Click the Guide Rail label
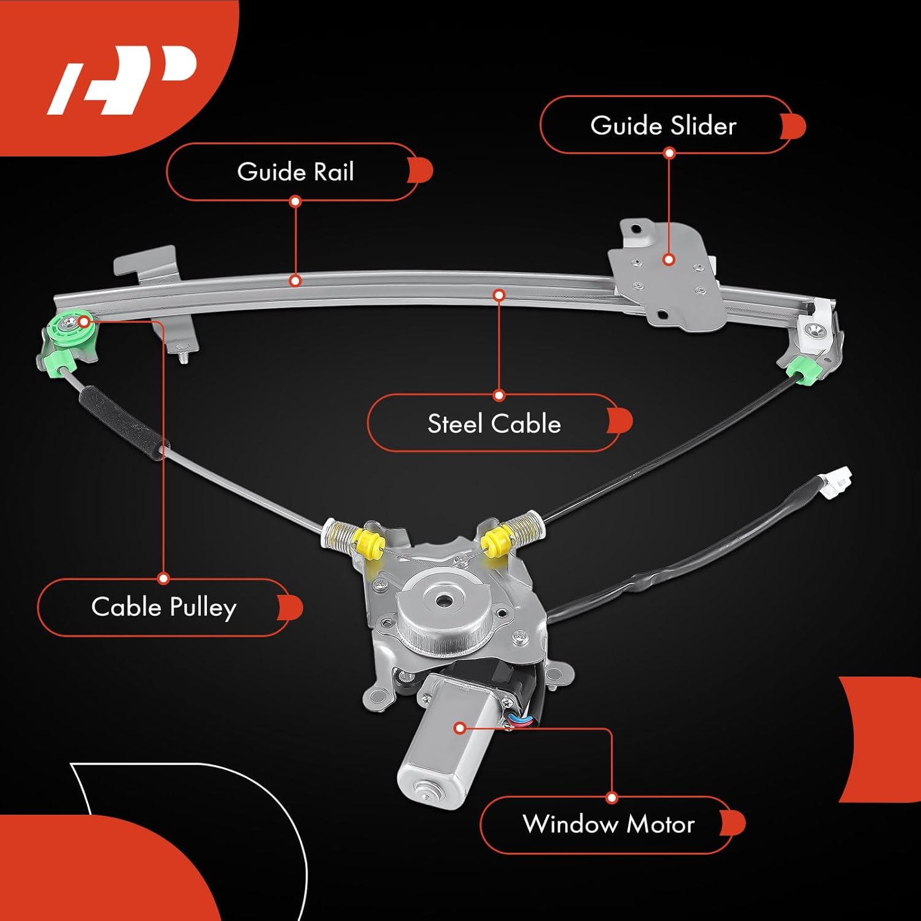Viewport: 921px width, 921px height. click(295, 172)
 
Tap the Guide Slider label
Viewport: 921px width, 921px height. click(663, 125)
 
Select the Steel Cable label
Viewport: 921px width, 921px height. click(494, 424)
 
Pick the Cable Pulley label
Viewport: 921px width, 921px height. click(163, 607)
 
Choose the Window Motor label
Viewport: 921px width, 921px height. click(608, 824)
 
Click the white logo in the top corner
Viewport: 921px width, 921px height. click(123, 80)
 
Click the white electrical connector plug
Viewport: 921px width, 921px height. click(838, 482)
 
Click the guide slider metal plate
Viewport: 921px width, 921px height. click(666, 276)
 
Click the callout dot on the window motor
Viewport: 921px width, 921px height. click(459, 728)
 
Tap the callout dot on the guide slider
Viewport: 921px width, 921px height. click(669, 260)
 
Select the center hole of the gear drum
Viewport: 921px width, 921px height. click(443, 599)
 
